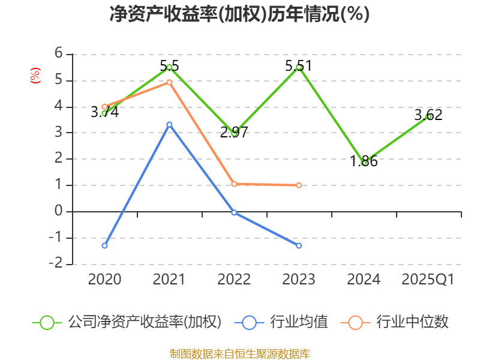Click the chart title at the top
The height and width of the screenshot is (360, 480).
tap(239, 14)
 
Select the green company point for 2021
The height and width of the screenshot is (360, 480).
tap(169, 67)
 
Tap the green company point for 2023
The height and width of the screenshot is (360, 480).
tap(299, 67)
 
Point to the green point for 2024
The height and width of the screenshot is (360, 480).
tap(364, 163)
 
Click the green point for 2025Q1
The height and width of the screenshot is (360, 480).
tap(428, 116)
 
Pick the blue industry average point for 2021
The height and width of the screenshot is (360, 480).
tap(169, 124)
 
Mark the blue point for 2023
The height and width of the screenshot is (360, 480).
tap(299, 245)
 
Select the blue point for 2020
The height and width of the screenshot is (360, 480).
tap(104, 245)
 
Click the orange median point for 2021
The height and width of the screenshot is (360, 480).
tap(169, 82)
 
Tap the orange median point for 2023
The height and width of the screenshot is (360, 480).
tap(299, 185)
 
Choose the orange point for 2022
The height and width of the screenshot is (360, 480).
tap(234, 184)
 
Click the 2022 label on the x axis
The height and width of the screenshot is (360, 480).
tap(234, 280)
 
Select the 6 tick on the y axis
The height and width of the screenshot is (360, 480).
tap(59, 53)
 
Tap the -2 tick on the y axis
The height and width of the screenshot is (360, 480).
tap(56, 264)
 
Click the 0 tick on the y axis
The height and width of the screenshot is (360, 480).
tap(59, 211)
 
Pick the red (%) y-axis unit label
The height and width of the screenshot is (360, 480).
tap(35, 76)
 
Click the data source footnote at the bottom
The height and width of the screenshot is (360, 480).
tap(239, 353)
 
